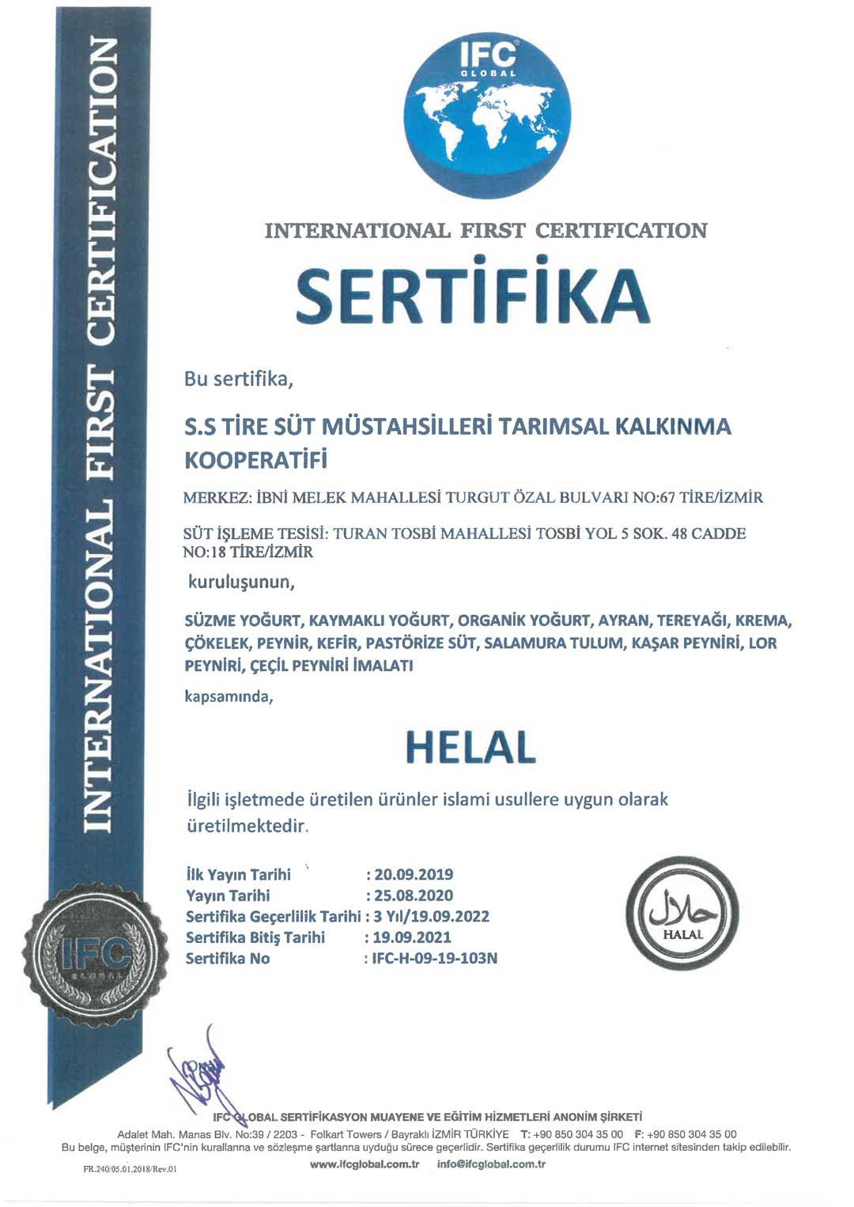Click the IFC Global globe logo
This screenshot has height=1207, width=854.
(x=487, y=115)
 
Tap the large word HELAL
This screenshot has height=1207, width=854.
(x=470, y=747)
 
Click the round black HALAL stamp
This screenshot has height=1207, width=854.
(x=682, y=913)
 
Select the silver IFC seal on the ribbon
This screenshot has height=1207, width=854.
(x=95, y=954)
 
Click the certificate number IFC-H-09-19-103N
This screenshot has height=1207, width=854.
(x=434, y=958)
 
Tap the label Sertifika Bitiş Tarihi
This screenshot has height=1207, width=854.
(x=255, y=937)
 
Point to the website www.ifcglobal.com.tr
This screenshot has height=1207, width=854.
(x=365, y=1164)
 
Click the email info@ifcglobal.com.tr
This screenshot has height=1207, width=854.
(x=491, y=1164)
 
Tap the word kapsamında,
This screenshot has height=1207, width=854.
(x=229, y=696)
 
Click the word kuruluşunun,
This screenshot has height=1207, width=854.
(x=241, y=583)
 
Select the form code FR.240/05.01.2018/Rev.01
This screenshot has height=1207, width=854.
(x=130, y=1168)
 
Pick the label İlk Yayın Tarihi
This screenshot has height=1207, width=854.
(x=238, y=874)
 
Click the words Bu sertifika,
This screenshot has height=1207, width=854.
(x=239, y=379)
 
